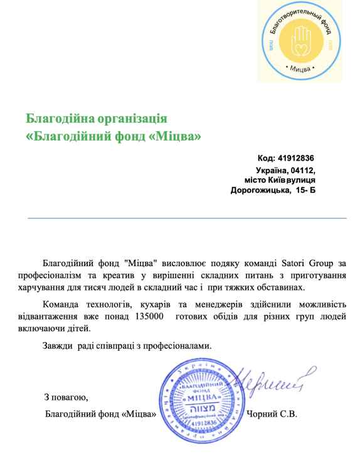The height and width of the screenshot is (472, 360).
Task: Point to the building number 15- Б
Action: pos(304,190)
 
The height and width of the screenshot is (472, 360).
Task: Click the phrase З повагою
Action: pos(66,397)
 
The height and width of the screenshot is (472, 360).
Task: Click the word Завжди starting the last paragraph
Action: pos(56,345)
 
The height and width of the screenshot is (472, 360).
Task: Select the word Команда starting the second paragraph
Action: pos(60,304)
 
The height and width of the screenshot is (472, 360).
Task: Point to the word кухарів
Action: pos(160,304)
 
